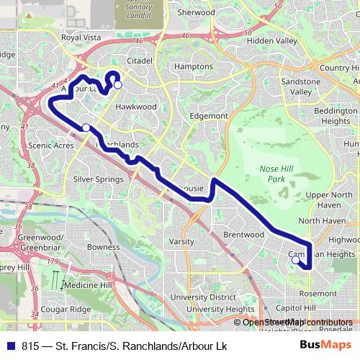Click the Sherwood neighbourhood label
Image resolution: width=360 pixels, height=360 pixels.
pos(196,12)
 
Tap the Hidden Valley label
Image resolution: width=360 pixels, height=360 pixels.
pos(271,41)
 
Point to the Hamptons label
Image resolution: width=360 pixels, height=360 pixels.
pos(194,66)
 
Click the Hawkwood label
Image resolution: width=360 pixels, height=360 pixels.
pos(136,107)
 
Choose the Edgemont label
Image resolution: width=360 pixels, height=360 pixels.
pos(207,115)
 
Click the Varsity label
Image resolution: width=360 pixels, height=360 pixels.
pos(182,241)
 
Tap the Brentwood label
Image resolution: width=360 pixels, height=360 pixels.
pos(244,235)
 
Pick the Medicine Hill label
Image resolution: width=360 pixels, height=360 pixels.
pos(86,285)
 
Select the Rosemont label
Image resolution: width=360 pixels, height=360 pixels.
pos(318,293)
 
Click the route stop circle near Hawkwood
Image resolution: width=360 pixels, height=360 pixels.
pos(118,85)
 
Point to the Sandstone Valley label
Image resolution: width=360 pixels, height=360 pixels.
pos(296,87)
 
